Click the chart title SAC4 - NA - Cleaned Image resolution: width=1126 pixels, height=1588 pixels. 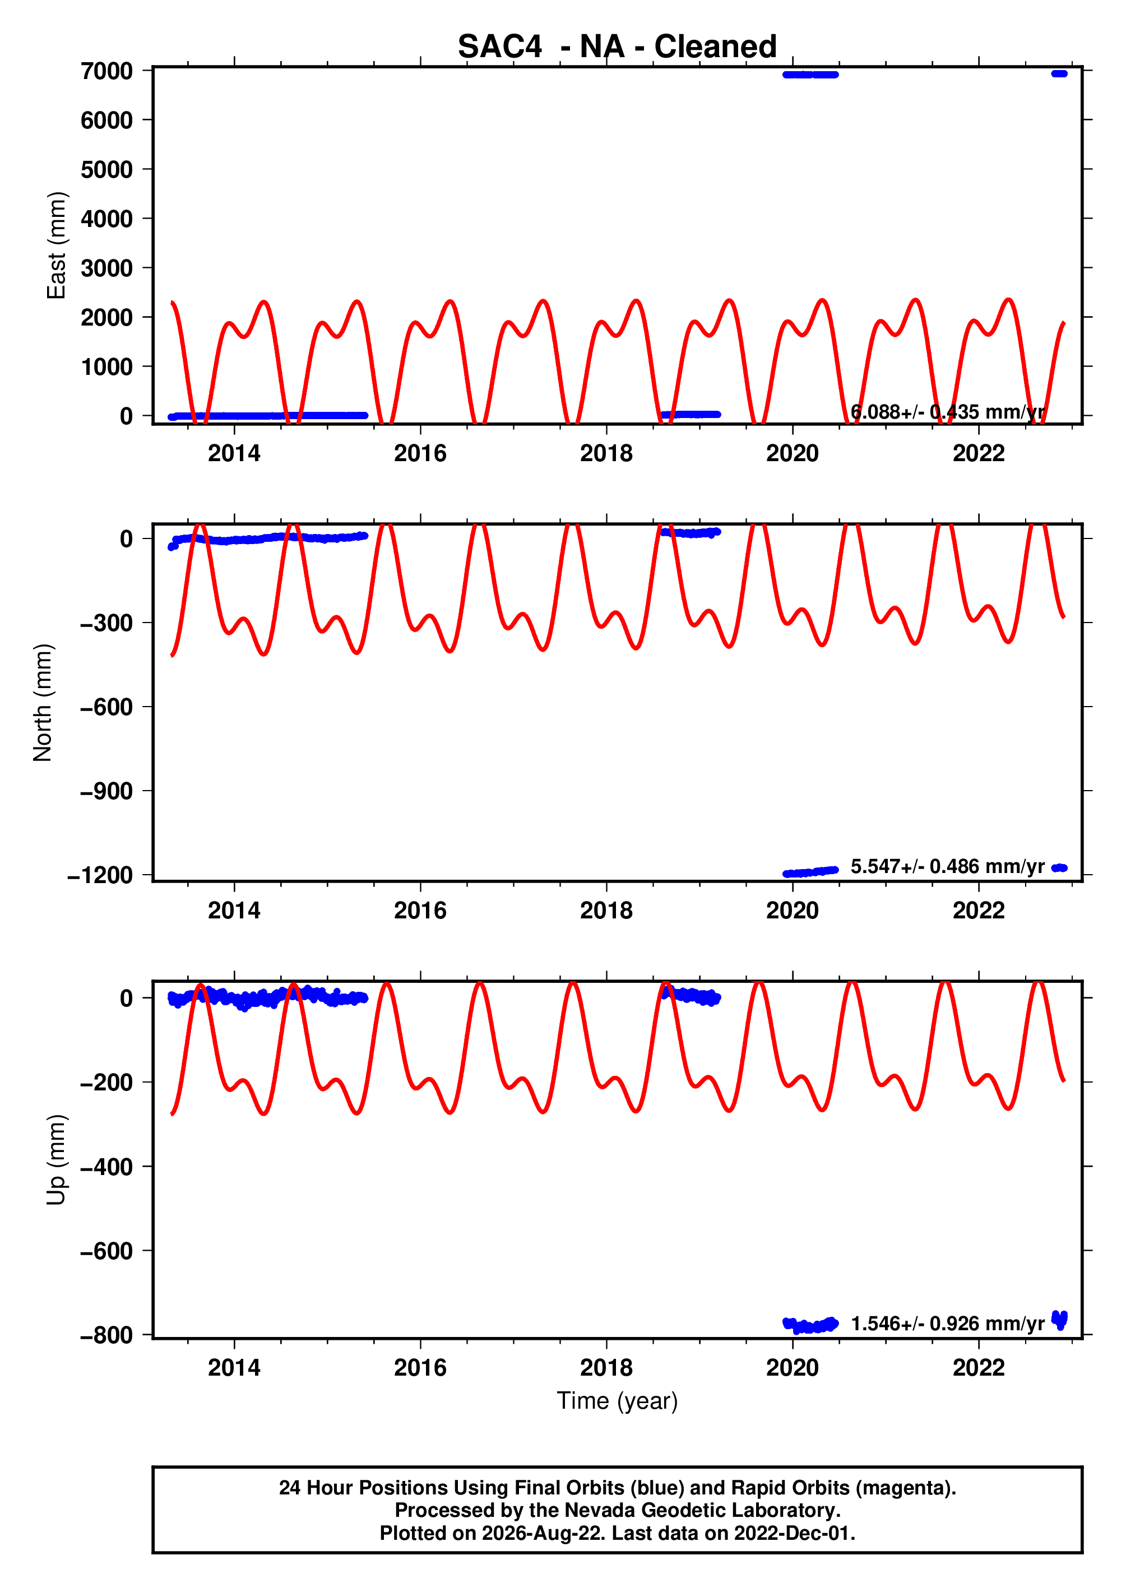(x=617, y=47)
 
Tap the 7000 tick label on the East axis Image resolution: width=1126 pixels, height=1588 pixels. (x=107, y=71)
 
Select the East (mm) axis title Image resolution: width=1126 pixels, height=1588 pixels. (x=56, y=245)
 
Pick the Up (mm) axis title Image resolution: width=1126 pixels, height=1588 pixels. (x=56, y=1160)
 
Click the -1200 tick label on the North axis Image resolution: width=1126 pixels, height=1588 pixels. (x=100, y=875)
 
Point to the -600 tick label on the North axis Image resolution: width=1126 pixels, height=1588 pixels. (x=107, y=707)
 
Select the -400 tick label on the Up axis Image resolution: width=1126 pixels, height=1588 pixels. (x=107, y=1167)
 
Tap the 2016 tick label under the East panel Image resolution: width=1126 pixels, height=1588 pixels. (x=420, y=453)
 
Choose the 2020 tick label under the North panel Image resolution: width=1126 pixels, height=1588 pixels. (x=793, y=910)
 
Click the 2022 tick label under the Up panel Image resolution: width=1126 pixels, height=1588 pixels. (x=979, y=1368)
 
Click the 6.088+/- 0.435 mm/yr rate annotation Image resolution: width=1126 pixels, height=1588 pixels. (x=948, y=412)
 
